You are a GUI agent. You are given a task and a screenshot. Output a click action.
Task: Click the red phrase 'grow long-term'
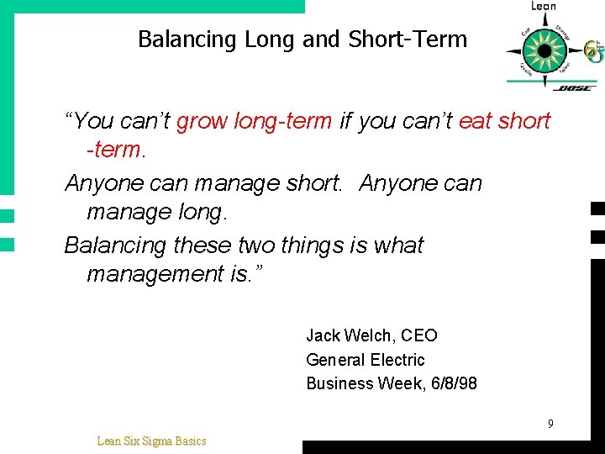(255, 121)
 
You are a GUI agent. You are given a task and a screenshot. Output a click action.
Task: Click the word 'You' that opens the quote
(93, 121)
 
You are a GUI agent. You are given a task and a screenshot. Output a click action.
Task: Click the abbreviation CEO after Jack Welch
(419, 335)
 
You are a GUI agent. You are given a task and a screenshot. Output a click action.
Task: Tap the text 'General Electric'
(366, 360)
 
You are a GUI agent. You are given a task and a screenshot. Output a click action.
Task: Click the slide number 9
(550, 424)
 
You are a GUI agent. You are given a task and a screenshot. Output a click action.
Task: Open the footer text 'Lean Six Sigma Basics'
(151, 441)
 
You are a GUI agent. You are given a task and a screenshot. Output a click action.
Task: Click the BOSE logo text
(575, 87)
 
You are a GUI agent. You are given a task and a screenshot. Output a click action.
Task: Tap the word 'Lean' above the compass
(544, 7)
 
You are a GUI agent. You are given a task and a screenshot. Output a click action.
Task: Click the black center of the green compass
(544, 50)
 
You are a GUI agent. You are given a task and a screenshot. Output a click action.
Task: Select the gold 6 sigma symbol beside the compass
(593, 52)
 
